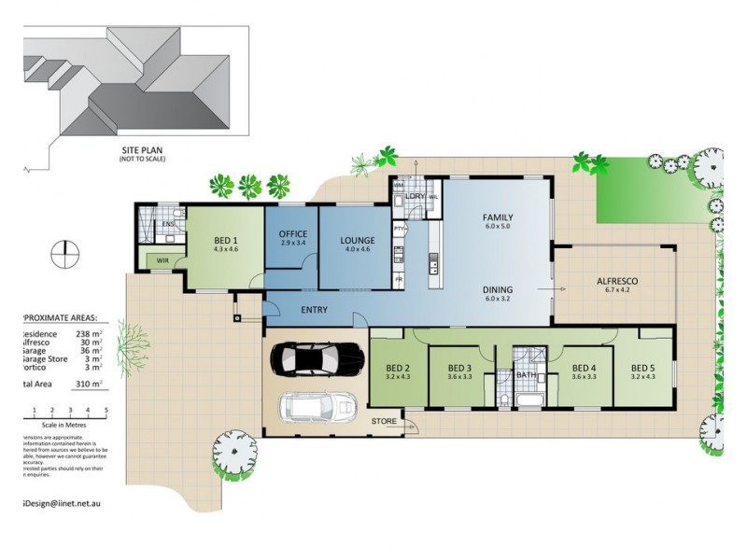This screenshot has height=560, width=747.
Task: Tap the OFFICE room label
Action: point(292,233)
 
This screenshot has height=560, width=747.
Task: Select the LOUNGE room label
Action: point(357,240)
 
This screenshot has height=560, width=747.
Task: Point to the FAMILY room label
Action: point(499,217)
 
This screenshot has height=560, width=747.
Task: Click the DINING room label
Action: point(499,289)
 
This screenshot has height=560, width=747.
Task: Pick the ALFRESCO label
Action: point(616,280)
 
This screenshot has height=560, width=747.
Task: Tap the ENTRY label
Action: point(314,310)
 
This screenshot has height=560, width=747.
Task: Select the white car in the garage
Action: point(317,408)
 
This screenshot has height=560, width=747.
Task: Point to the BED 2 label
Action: point(399,367)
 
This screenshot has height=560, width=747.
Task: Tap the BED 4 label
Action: point(585,367)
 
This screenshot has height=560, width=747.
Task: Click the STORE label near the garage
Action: point(384,422)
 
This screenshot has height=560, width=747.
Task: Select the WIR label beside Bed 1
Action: point(162,260)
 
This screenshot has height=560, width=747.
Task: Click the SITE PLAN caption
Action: point(138,150)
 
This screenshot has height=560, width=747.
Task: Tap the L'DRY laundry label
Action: point(416,197)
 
